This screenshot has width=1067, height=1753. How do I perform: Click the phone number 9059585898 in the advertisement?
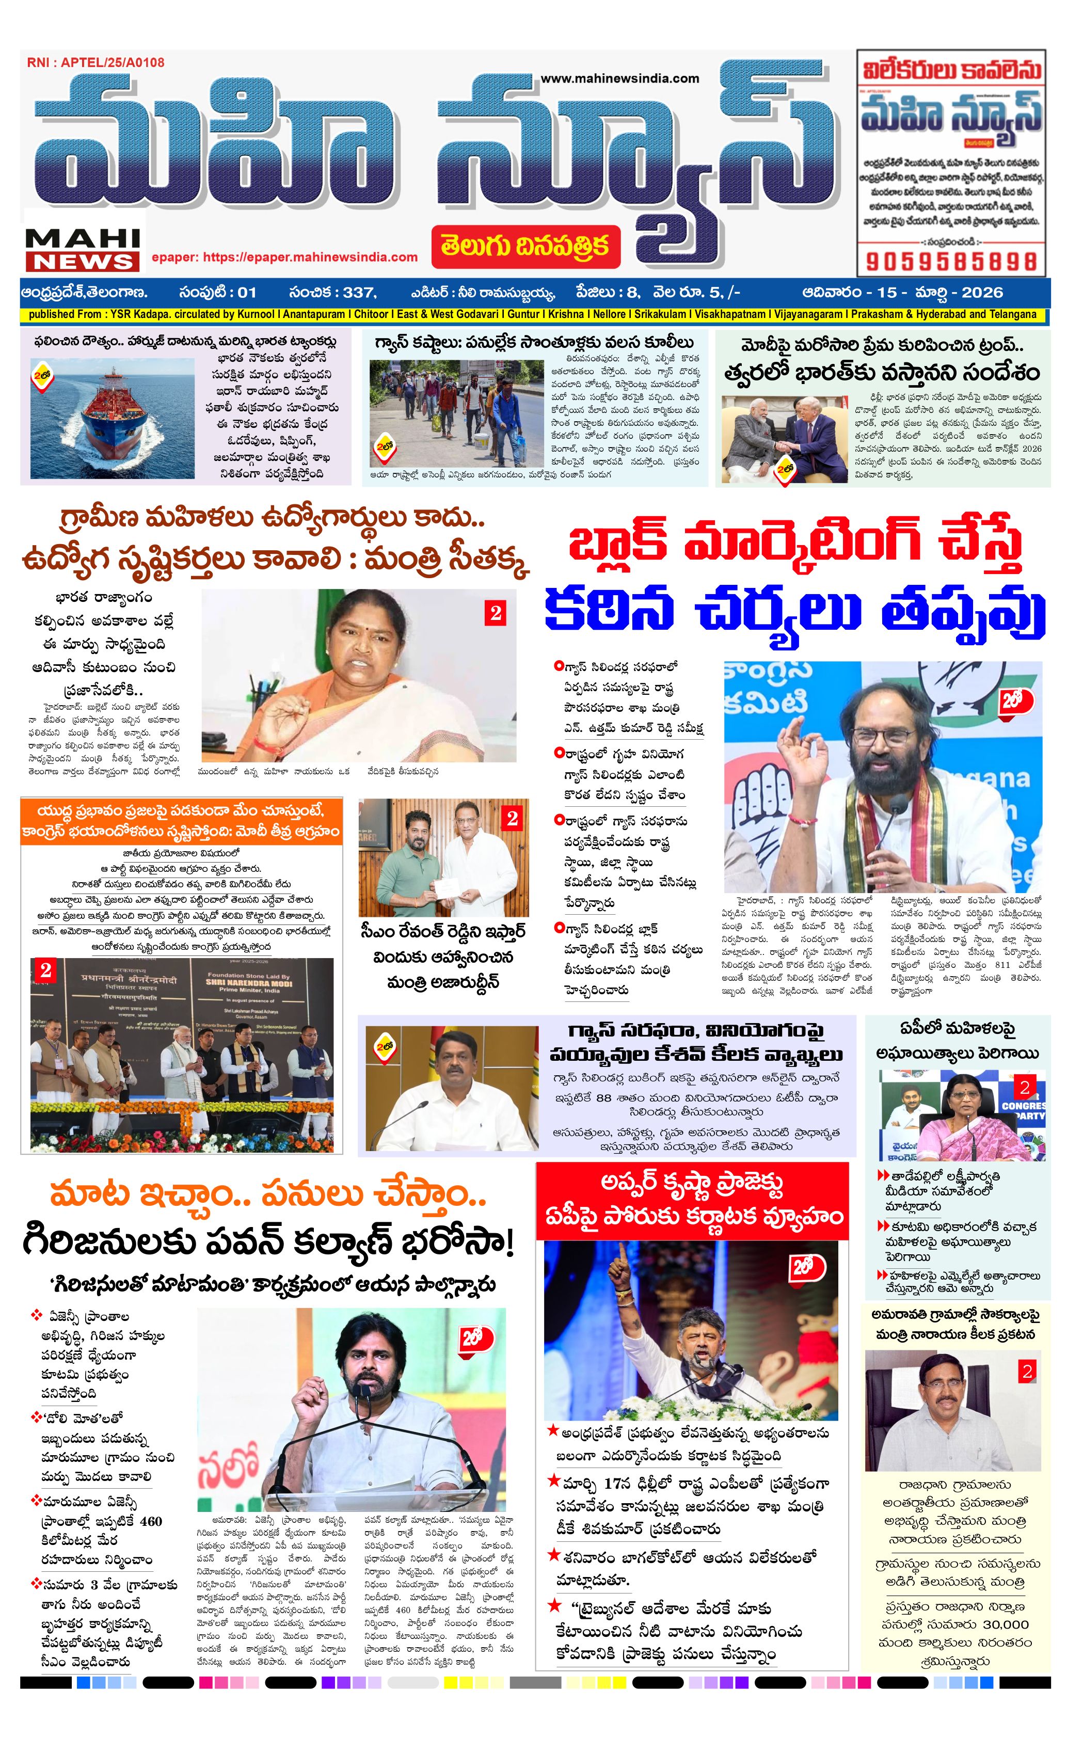pyautogui.click(x=950, y=261)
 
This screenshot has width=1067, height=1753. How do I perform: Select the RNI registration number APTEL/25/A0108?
pyautogui.click(x=95, y=62)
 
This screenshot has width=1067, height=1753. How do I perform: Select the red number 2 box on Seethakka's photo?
pyautogui.click(x=495, y=613)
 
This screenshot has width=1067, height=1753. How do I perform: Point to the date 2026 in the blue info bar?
pyautogui.click(x=983, y=292)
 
